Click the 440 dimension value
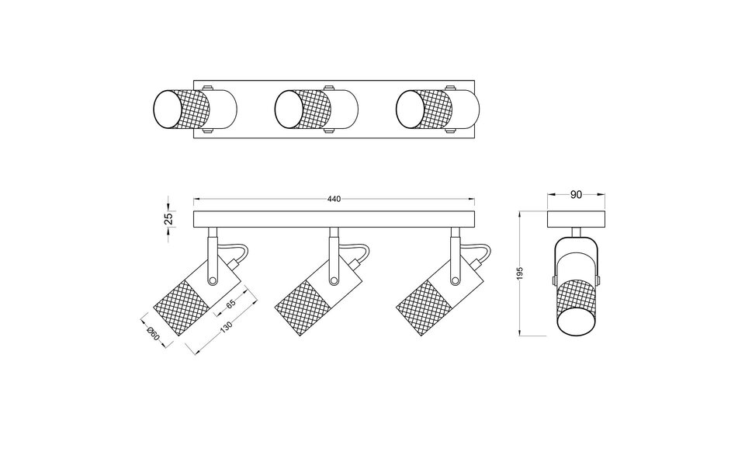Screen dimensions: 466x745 (334, 200)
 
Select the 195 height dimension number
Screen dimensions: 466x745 (521, 273)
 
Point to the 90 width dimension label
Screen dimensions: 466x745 (577, 196)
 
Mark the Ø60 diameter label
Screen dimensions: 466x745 (154, 335)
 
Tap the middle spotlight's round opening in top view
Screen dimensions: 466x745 (289, 108)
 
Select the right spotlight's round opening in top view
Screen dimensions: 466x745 (409, 108)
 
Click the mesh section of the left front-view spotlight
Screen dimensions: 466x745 (180, 307)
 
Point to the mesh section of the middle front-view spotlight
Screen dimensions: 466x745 (301, 307)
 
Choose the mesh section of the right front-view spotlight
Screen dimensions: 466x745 (421, 307)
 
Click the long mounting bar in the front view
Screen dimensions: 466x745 (334, 219)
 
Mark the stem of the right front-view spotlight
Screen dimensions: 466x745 (452, 247)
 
